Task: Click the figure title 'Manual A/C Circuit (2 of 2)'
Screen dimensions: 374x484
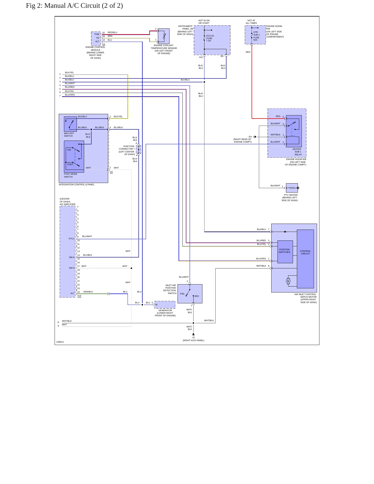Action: tap(84, 6)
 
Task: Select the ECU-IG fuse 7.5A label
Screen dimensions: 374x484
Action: tap(210, 38)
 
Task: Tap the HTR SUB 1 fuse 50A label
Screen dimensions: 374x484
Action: tap(256, 36)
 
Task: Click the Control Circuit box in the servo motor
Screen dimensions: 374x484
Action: tap(305, 259)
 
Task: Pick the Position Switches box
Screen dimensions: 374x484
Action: tap(285, 252)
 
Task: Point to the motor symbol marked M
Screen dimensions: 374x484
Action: tap(288, 281)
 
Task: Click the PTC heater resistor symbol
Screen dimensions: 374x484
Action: tap(292, 188)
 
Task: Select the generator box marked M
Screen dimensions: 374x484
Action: tap(165, 305)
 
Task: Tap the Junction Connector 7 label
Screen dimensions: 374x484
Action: tap(127, 150)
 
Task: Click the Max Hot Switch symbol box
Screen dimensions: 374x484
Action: tap(70, 124)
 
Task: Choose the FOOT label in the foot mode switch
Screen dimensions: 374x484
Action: tap(70, 164)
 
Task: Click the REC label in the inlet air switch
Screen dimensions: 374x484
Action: tap(197, 296)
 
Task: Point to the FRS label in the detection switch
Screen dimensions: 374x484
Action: tap(182, 294)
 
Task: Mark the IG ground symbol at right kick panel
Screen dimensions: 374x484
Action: tap(193, 334)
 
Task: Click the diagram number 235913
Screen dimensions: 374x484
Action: tap(60, 342)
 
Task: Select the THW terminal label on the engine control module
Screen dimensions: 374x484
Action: tap(97, 34)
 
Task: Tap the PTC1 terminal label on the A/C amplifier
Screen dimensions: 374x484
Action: tap(71, 239)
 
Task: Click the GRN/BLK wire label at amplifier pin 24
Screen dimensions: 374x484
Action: tap(88, 292)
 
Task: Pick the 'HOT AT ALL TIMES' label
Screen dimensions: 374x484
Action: tap(251, 22)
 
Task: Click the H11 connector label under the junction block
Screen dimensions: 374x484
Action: tap(201, 57)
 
